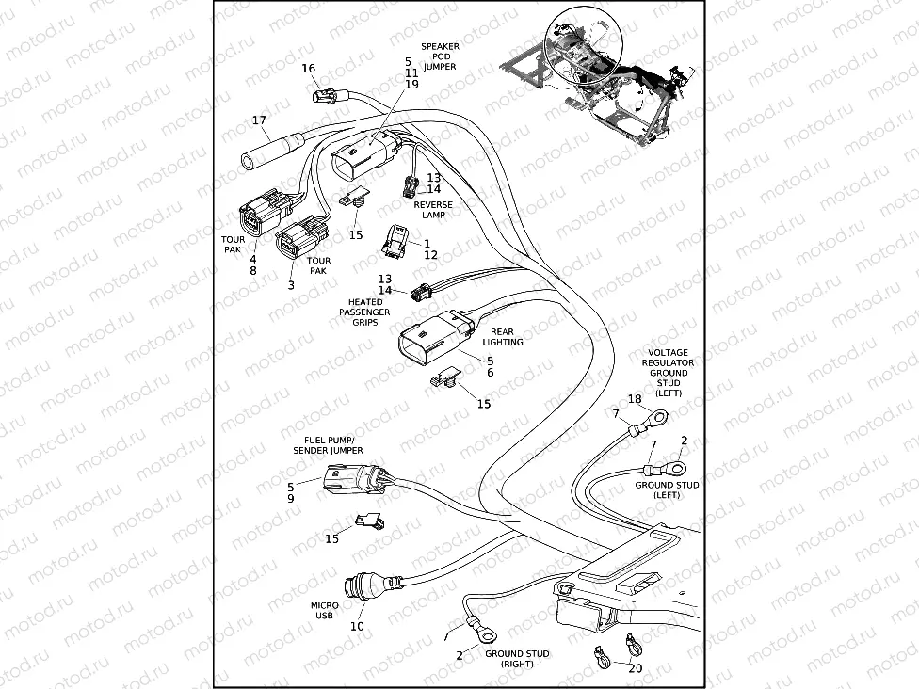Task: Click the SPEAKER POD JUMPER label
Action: [440, 56]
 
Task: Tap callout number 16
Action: [309, 69]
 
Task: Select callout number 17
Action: [260, 120]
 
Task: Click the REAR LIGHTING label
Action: [508, 337]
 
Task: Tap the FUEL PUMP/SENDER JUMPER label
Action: [333, 445]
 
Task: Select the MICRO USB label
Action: [324, 612]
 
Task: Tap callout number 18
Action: [634, 399]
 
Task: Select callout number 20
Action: [635, 667]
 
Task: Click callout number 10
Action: [357, 626]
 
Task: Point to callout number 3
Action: [291, 283]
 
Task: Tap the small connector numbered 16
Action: [327, 93]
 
